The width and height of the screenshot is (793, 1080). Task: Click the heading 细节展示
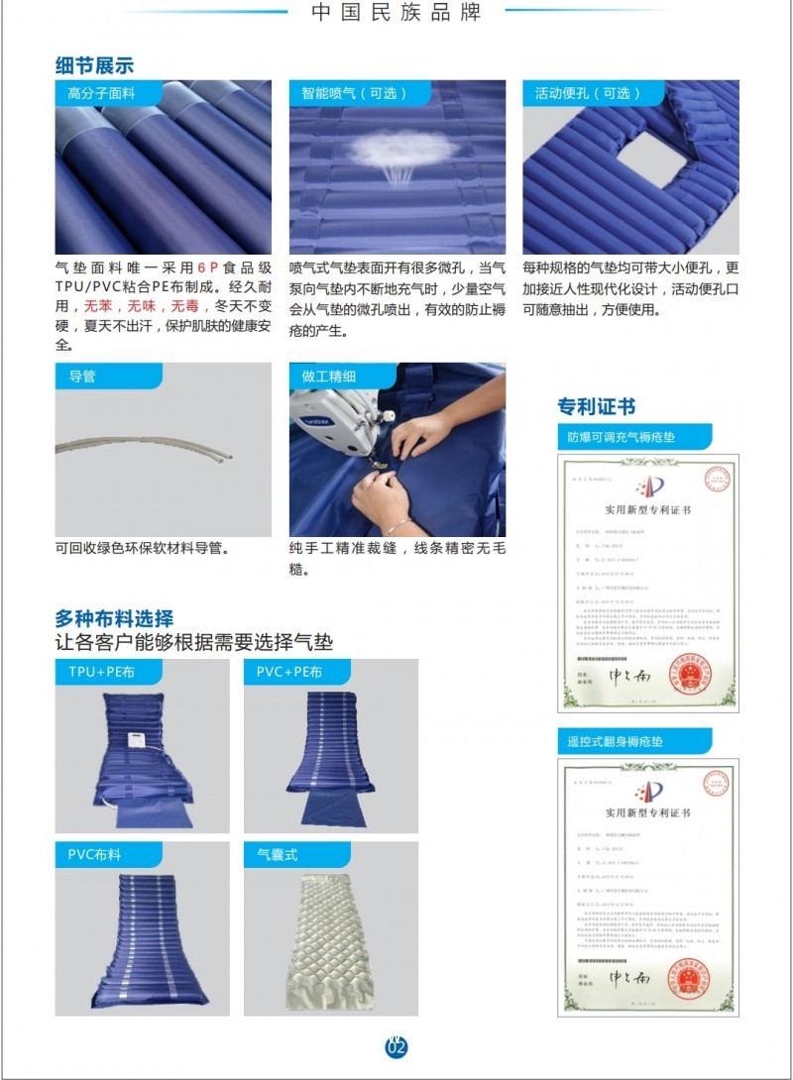tap(94, 65)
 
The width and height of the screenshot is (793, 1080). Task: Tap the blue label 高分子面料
tap(101, 93)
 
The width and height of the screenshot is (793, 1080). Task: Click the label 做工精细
tap(329, 377)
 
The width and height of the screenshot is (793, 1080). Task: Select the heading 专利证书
tap(596, 406)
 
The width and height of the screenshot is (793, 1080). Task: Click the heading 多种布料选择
tap(114, 620)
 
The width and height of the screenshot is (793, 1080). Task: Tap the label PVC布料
tap(94, 853)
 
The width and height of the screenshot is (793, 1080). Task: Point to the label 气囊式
tap(278, 853)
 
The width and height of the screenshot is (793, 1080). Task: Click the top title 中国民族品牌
tap(396, 12)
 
